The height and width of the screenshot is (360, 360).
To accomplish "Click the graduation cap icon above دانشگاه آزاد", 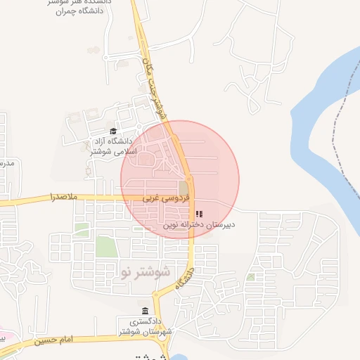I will coord(113,131).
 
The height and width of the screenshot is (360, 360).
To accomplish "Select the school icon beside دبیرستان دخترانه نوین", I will coord(199,214).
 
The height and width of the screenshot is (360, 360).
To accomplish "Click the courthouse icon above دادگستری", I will coord(146,311).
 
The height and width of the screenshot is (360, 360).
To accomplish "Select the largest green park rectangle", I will coord(105,247).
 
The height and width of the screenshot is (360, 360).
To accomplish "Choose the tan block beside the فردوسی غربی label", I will coord(184,188).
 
